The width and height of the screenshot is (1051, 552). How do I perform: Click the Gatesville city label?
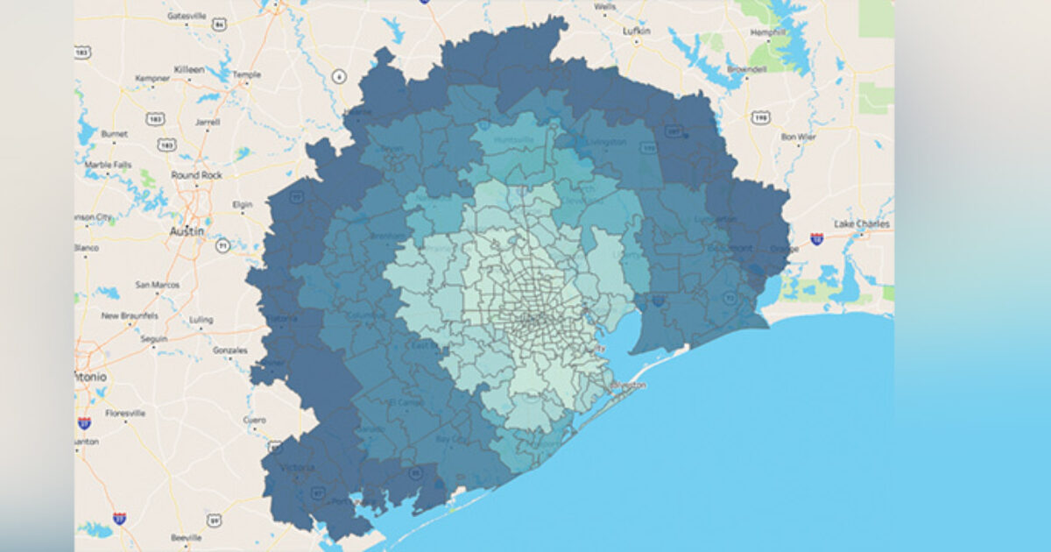(x=186, y=16)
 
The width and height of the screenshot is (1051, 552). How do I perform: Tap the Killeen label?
(x=189, y=68)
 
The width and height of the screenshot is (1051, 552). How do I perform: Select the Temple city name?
(x=246, y=74)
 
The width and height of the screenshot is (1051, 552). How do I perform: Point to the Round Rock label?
(x=196, y=175)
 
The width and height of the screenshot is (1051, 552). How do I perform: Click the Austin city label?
(x=187, y=231)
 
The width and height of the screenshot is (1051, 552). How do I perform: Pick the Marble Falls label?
(x=108, y=164)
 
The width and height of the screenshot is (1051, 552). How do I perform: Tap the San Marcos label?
(x=159, y=285)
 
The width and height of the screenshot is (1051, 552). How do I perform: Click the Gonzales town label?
(x=229, y=350)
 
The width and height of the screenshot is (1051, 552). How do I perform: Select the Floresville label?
(x=125, y=413)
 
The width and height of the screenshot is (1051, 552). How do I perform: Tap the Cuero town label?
(x=254, y=420)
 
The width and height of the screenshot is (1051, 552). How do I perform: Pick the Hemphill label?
(x=769, y=32)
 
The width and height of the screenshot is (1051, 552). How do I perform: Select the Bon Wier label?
(x=798, y=137)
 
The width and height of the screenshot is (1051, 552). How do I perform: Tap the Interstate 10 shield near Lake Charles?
(x=816, y=238)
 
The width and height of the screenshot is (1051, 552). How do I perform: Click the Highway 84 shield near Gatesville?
(x=219, y=25)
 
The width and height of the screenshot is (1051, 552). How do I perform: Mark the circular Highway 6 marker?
(x=339, y=77)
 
